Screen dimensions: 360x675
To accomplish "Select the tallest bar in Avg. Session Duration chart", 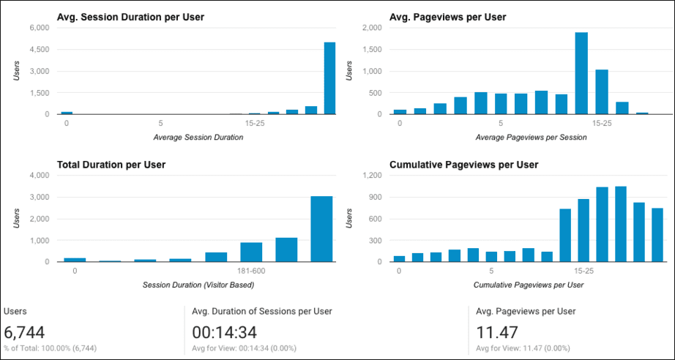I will coord(329,78).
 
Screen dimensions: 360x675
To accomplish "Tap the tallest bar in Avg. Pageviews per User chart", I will coord(581,73).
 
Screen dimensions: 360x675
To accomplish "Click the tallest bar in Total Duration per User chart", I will coord(321,228).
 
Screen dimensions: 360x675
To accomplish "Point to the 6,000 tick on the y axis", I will coord(39,28).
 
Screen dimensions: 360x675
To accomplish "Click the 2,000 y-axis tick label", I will coord(372,28).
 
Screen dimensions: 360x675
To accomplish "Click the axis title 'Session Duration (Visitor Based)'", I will coord(198,284).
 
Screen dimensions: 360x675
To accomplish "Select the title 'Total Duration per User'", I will coord(111,165).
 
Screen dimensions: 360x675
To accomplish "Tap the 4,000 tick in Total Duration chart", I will coord(39,176).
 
